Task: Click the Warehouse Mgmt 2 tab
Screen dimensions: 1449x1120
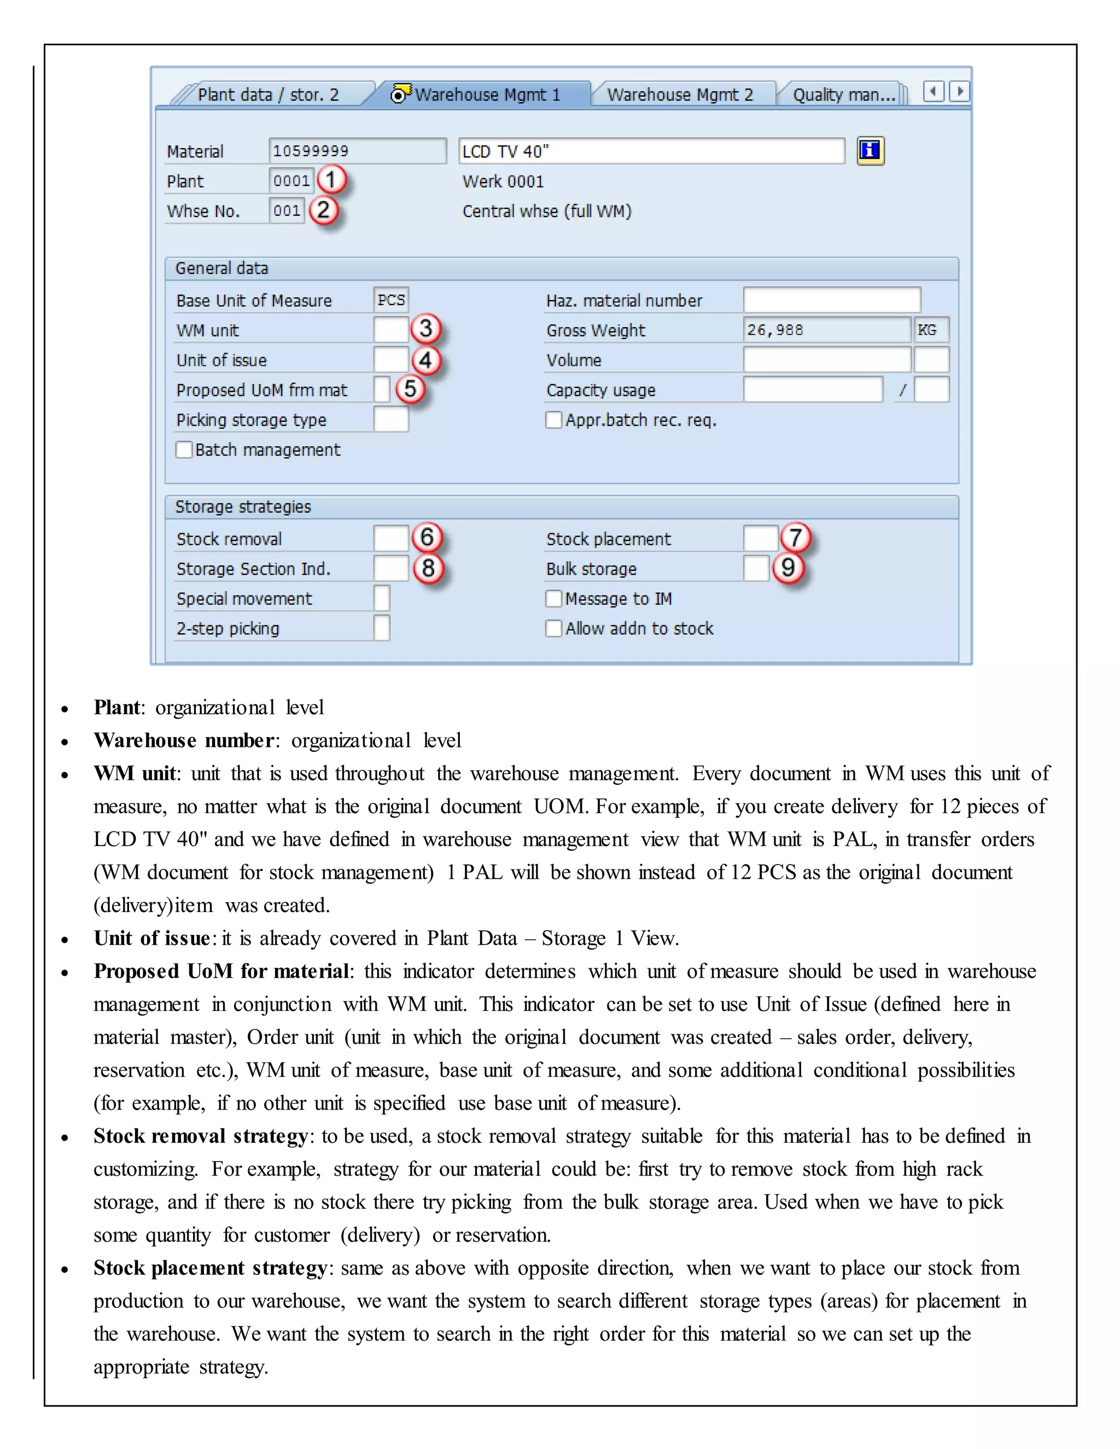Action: point(680,95)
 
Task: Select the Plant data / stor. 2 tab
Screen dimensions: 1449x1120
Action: point(268,95)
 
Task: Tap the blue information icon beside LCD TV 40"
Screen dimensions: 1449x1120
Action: point(870,150)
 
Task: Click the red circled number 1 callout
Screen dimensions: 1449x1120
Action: point(331,180)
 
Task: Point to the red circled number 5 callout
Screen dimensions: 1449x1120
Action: point(410,389)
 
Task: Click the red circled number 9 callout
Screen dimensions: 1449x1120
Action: point(787,568)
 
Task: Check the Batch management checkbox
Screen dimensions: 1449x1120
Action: point(184,450)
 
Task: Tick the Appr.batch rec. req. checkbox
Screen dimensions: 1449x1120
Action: point(553,420)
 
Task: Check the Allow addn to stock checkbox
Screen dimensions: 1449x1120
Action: point(553,628)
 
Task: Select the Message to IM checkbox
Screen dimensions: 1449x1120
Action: point(553,598)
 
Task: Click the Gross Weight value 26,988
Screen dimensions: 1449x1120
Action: point(826,330)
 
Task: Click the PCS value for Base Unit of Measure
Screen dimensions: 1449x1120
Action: point(391,300)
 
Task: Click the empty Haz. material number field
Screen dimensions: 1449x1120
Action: point(831,300)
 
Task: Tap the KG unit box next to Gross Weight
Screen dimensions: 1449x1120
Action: point(931,330)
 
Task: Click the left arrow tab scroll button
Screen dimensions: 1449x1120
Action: point(933,91)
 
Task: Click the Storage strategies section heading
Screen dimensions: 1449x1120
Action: point(243,507)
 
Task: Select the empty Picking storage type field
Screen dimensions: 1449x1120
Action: point(391,420)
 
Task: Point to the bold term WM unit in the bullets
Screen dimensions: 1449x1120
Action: point(135,774)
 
